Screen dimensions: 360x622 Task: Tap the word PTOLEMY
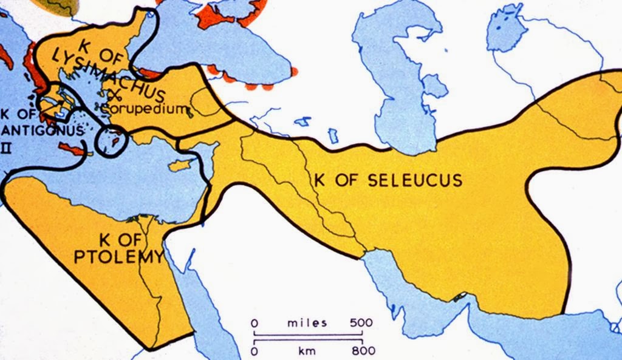(118, 256)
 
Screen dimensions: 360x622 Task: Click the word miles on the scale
(307, 322)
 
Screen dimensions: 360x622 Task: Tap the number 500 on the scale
(361, 322)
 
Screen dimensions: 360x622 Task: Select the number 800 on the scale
(363, 350)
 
